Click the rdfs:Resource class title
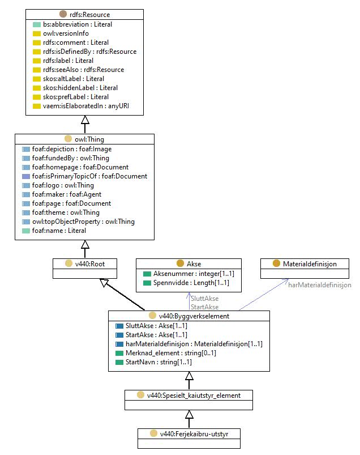[x=89, y=15]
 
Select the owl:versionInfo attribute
[x=66, y=33]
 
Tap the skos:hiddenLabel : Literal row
[x=80, y=88]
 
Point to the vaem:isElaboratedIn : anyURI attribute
[x=86, y=106]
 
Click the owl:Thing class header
[x=89, y=139]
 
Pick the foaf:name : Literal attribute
[x=59, y=231]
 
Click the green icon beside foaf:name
[x=26, y=231]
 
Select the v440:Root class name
[x=90, y=264]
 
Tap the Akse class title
[x=194, y=264]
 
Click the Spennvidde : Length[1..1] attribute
[x=191, y=283]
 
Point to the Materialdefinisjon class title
[x=310, y=264]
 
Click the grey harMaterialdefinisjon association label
[x=320, y=285]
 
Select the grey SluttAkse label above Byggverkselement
[x=205, y=298]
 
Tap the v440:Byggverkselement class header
[x=194, y=316]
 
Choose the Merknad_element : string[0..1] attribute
[x=171, y=353]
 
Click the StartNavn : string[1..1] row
[x=158, y=362]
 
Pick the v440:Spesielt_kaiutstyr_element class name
[x=194, y=396]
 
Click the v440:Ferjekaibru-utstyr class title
[x=194, y=434]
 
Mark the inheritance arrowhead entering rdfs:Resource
[x=85, y=120]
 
